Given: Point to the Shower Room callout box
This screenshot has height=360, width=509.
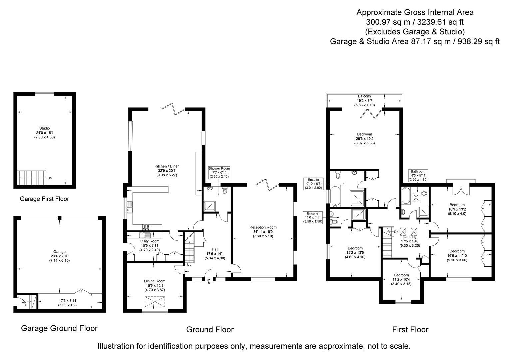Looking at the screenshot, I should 219,172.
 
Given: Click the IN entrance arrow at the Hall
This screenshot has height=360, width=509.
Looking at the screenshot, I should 209,282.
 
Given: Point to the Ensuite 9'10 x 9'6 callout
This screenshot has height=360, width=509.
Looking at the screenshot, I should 313,184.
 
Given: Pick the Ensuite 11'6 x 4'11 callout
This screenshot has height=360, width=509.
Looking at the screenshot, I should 313,217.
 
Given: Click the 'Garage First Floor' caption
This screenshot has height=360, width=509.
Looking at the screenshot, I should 44,199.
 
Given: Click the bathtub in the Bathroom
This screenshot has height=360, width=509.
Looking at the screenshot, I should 406,196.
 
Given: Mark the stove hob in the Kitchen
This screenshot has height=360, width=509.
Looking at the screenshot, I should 146,227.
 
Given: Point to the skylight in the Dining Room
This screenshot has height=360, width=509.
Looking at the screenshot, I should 155,302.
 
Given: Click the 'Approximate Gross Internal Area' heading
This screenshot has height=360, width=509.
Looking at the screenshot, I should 415,12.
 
